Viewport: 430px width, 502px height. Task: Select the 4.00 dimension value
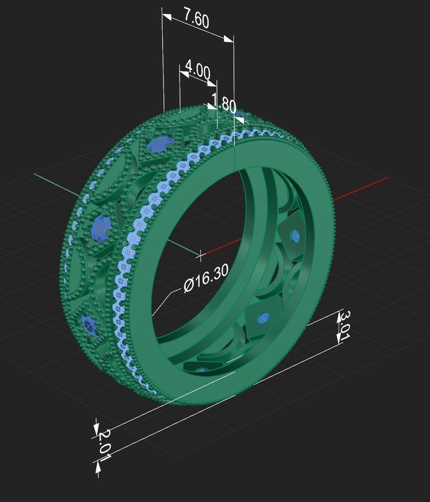point(198,70)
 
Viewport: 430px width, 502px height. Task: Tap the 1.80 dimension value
point(225,104)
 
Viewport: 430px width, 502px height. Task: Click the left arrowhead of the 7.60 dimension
point(167,17)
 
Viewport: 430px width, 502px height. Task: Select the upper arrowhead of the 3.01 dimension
point(339,315)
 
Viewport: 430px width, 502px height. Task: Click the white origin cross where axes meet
point(200,255)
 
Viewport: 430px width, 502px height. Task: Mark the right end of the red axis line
point(386,178)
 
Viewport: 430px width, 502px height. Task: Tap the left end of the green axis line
point(35,174)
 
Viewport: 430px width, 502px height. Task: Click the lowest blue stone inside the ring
point(201,370)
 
